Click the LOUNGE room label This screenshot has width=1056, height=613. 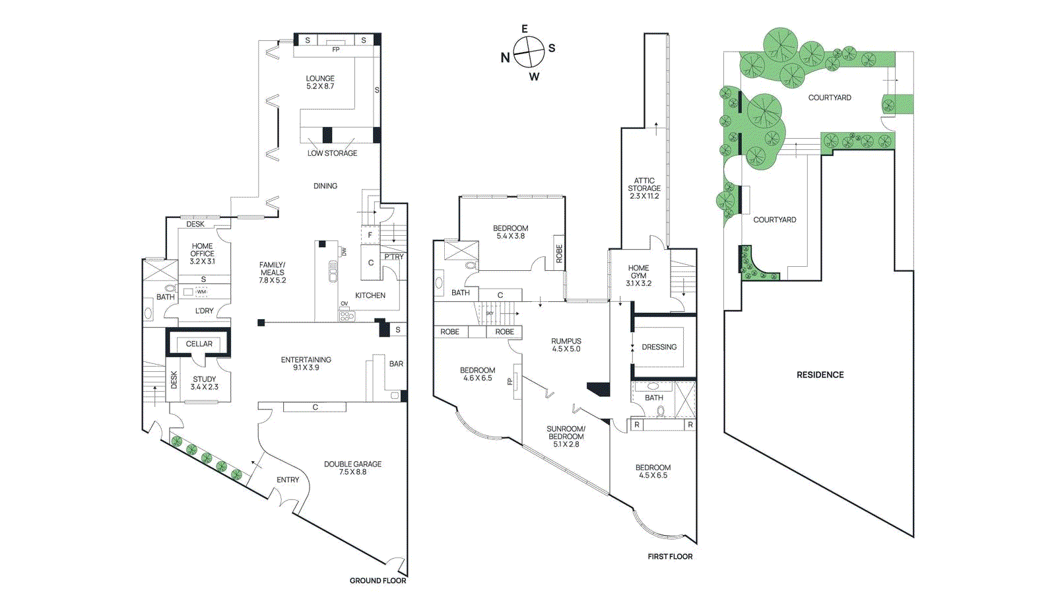pos(320,79)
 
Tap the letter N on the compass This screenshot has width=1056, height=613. pos(505,57)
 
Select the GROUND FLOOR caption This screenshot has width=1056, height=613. pos(378,581)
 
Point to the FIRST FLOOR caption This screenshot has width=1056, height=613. pos(670,557)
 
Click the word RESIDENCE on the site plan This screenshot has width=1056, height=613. pos(820,375)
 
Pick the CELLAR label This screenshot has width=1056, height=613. pos(199,344)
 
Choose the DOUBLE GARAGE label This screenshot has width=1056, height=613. pos(352,464)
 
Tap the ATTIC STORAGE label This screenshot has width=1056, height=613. pos(644,184)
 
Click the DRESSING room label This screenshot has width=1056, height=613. pos(659,347)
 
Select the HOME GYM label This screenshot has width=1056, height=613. pos(638,271)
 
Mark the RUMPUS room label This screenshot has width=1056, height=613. pos(566,342)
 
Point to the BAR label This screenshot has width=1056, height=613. pos(396,364)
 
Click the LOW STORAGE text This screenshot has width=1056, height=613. pos(332,153)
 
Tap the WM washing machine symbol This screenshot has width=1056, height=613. pos(201,291)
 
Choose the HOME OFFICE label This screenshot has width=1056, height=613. pos(202,250)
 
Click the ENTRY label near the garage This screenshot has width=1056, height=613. pos(288,480)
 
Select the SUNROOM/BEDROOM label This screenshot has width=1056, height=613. pos(566,433)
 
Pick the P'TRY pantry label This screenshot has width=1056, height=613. pos(394,257)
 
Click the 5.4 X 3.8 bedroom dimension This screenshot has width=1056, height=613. pos(510,236)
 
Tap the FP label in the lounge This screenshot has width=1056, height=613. pos(335,50)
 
